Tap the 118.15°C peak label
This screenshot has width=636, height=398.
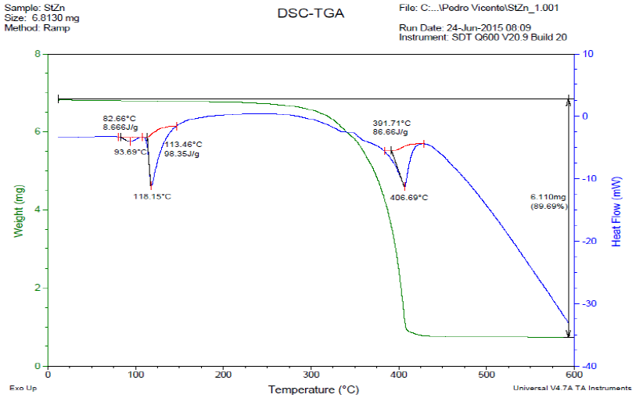(x=152, y=196)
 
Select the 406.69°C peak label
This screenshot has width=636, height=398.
(x=408, y=197)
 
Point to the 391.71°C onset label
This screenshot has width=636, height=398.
(x=391, y=124)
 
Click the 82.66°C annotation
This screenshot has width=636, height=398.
(x=120, y=118)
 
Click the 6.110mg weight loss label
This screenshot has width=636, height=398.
(x=548, y=197)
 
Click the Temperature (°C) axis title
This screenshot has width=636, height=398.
(x=311, y=389)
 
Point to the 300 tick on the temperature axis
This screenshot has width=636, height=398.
(x=311, y=373)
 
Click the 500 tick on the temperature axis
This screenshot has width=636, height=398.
(x=487, y=373)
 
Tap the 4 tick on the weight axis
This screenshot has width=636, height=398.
(x=37, y=210)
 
